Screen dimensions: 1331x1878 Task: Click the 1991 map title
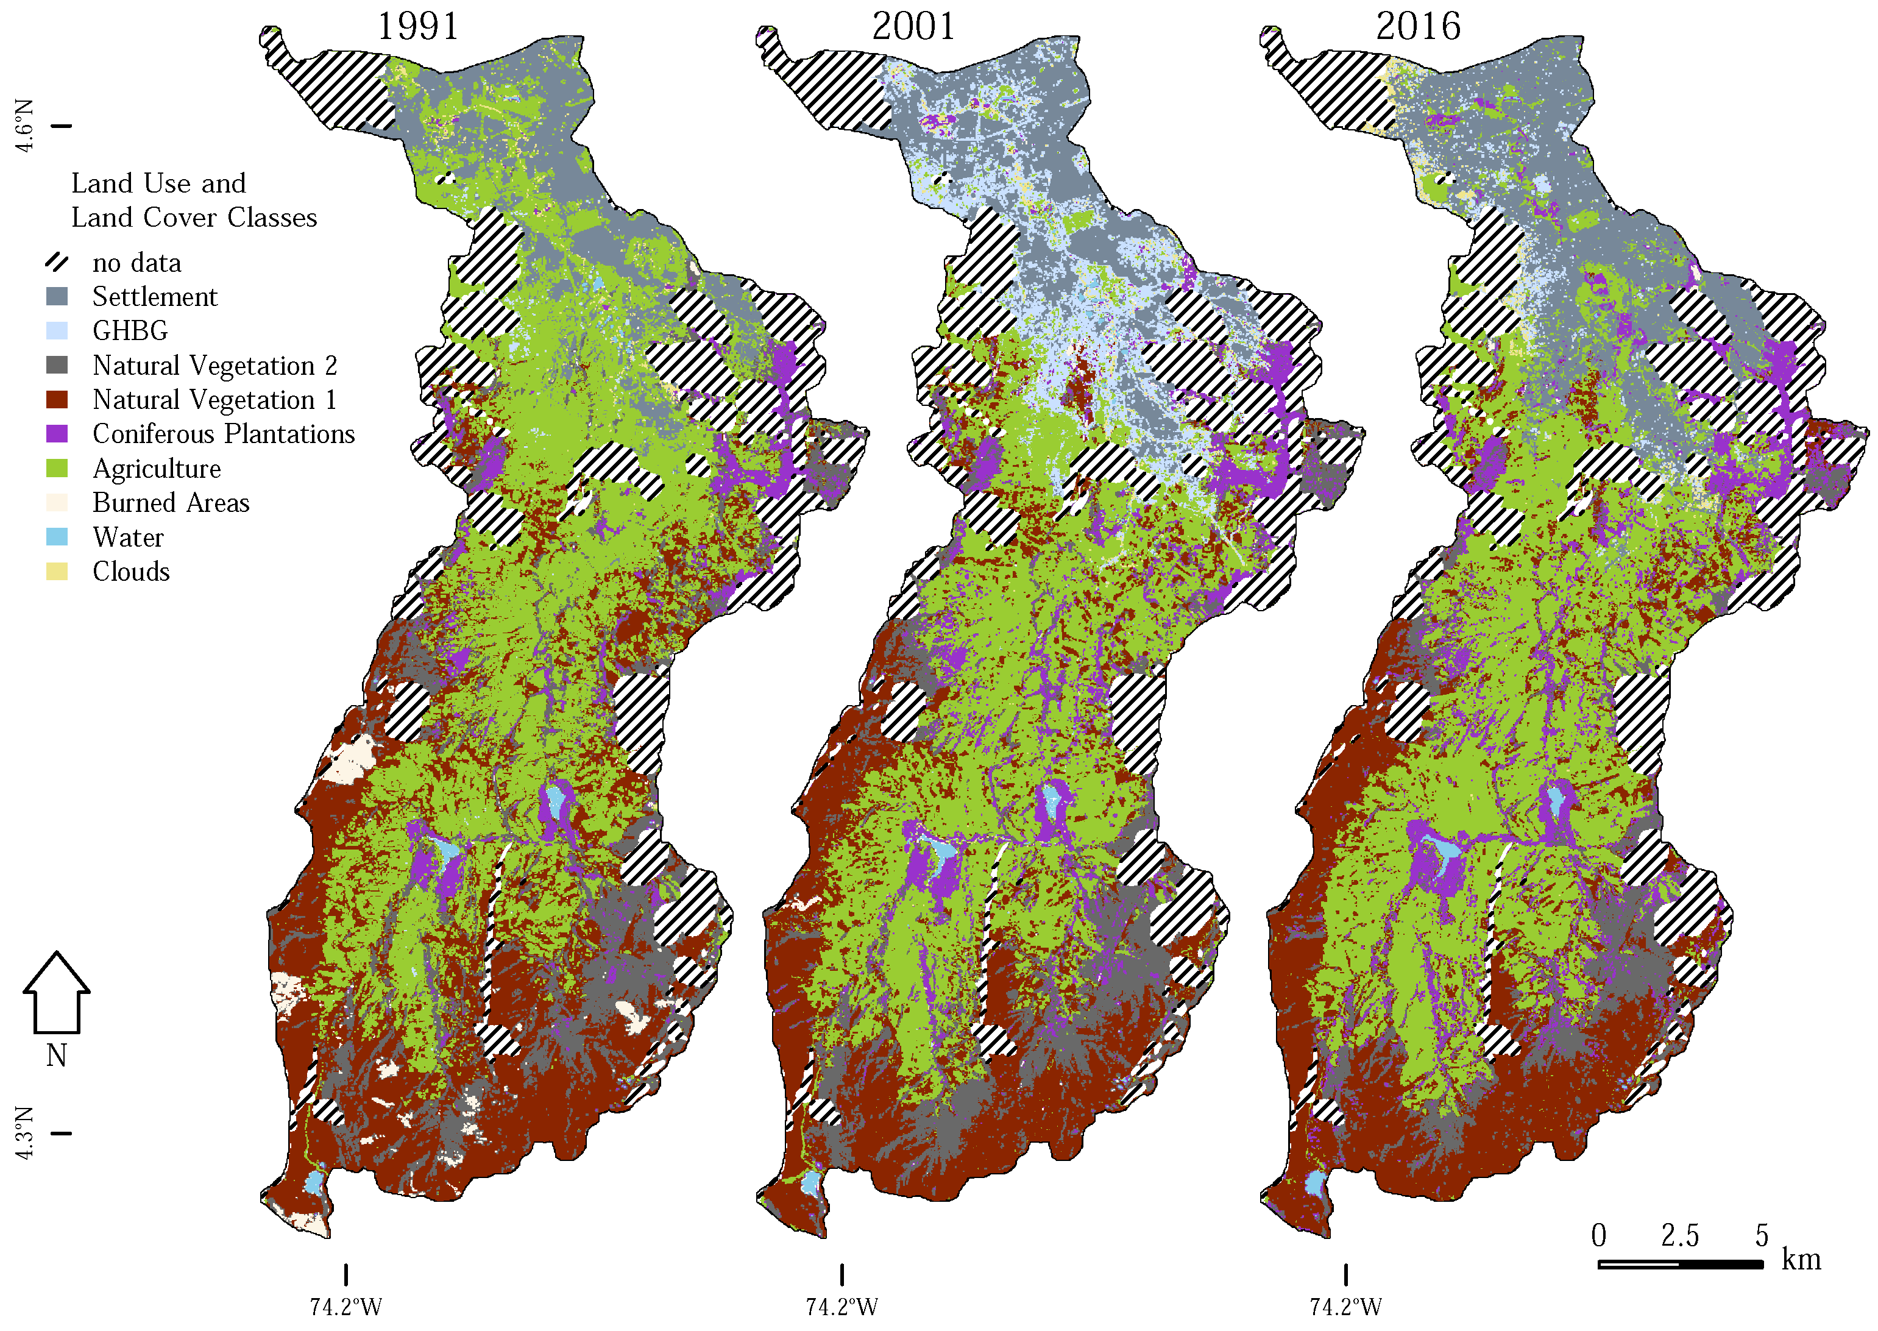[x=418, y=26]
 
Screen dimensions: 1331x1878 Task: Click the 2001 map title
[x=913, y=26]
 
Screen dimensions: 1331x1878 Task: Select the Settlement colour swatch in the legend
[x=57, y=296]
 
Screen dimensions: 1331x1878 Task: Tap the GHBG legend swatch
[x=57, y=330]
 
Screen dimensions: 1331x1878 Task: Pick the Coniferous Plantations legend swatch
[x=57, y=433]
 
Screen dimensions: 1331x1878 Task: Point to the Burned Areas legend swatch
[x=57, y=502]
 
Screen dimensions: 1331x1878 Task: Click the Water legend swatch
[x=57, y=537]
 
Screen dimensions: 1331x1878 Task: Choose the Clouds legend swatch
[x=57, y=571]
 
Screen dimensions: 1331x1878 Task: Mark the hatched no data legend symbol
[x=57, y=262]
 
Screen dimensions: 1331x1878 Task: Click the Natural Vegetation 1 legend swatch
[x=57, y=399]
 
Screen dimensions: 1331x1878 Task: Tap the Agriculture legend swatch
[x=57, y=468]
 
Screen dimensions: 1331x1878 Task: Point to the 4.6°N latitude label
[x=24, y=126]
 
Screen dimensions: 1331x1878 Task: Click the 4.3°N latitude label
[x=24, y=1134]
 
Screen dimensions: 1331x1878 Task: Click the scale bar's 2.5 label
[x=1680, y=1235]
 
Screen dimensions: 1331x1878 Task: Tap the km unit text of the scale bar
[x=1801, y=1259]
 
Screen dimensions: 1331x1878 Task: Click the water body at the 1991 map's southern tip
[x=314, y=1184]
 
